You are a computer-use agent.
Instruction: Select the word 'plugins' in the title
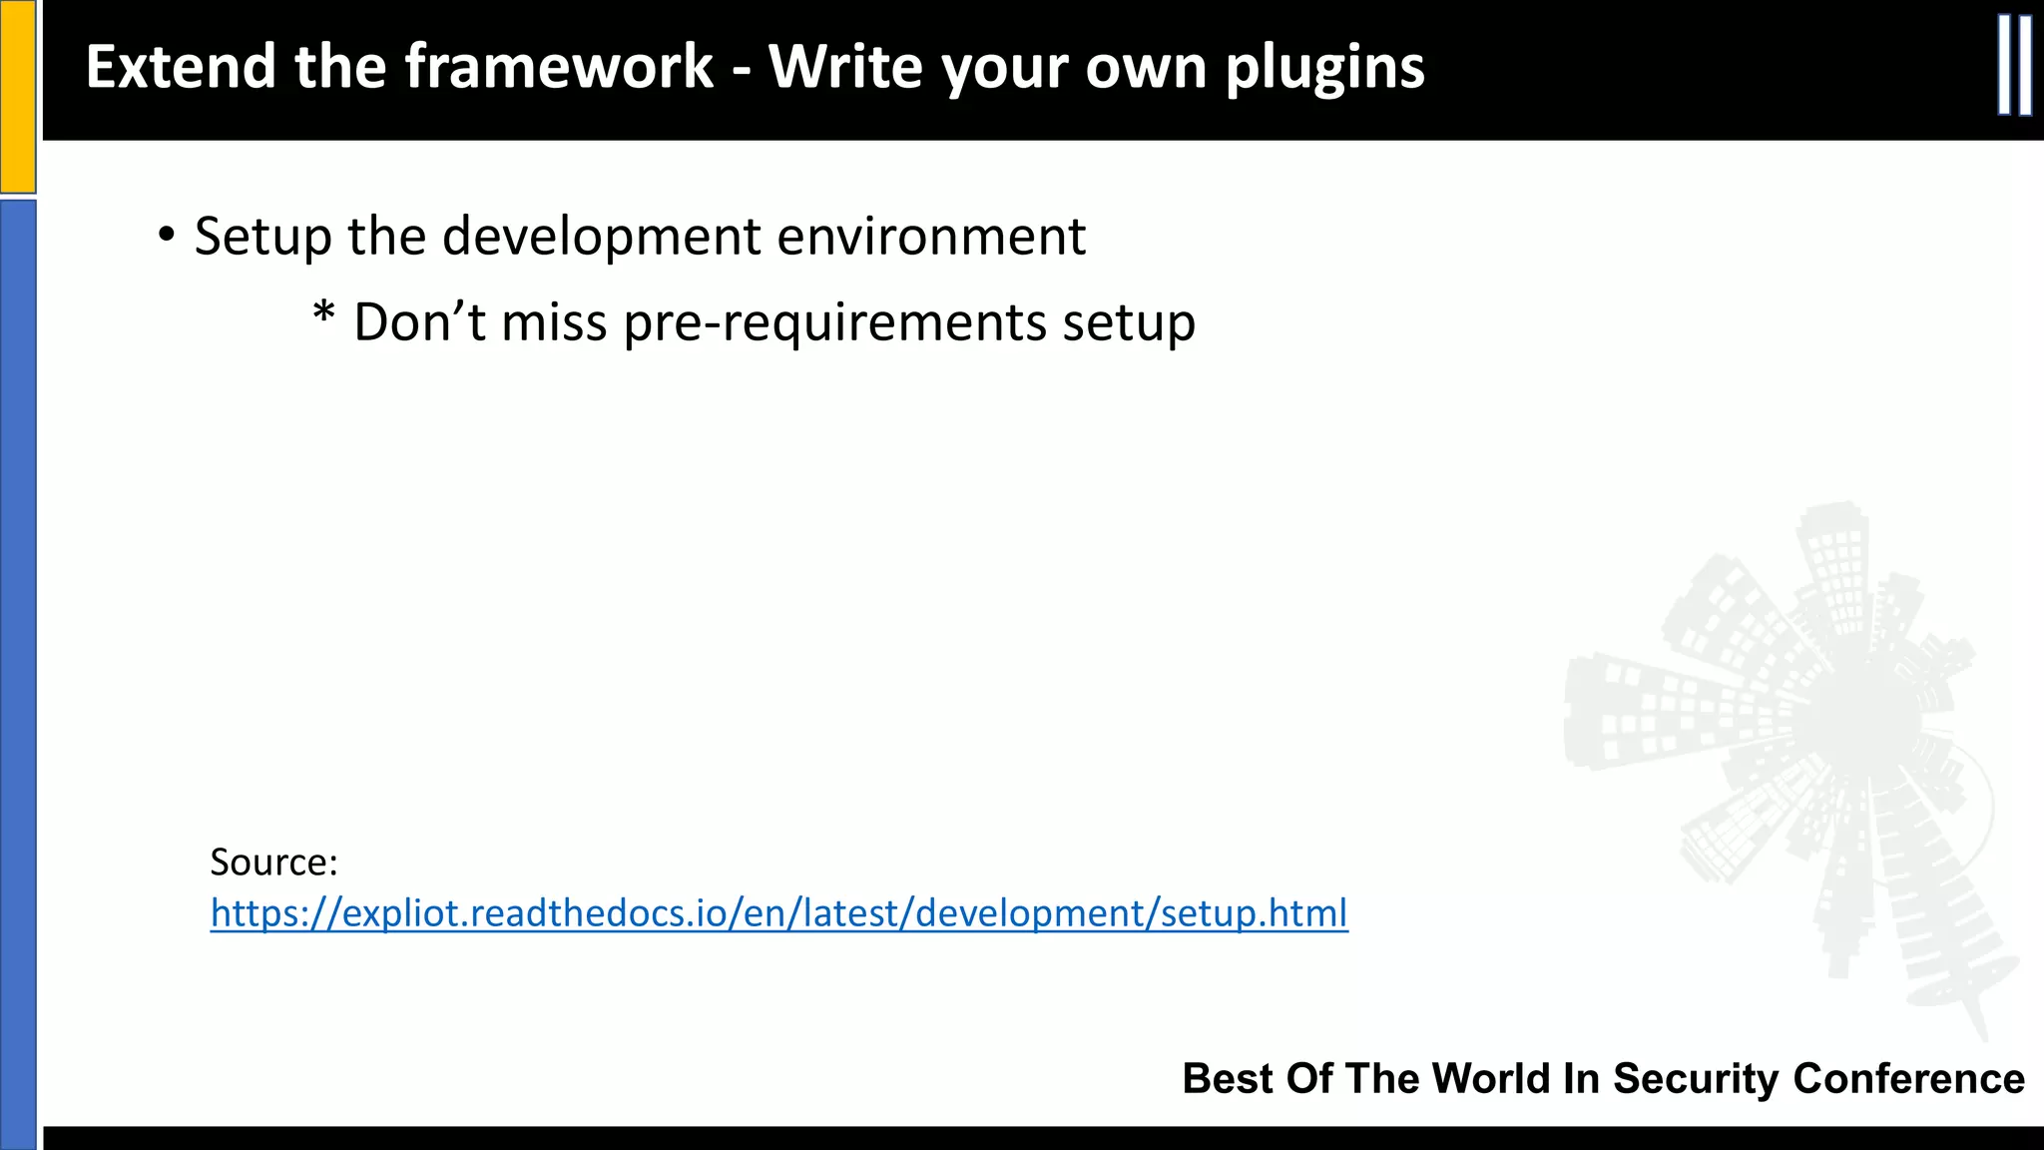point(1324,68)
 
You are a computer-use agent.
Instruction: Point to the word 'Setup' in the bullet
point(262,238)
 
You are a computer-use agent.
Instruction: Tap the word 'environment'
point(931,236)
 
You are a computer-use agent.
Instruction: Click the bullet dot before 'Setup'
point(167,236)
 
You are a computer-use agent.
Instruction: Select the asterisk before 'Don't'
point(323,315)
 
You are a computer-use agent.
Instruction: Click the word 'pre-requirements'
point(834,322)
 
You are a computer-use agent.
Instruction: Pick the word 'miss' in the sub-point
point(554,321)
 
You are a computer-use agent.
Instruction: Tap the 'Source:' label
point(274,862)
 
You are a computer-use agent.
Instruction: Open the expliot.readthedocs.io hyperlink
point(778,912)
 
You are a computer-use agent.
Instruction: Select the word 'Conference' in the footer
point(1908,1078)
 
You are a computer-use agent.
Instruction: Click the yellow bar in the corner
point(18,96)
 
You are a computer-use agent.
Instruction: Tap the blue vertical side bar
point(18,669)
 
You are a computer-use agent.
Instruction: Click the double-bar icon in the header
point(2015,66)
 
